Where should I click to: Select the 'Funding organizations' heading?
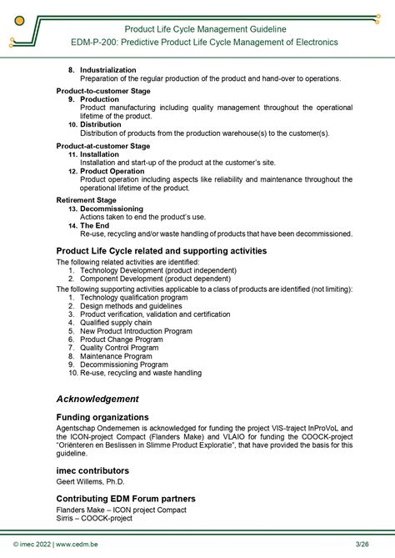102,417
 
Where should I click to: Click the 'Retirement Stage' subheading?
86,200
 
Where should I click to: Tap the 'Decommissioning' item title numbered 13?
111,209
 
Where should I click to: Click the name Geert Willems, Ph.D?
89,481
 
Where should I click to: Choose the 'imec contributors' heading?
93,471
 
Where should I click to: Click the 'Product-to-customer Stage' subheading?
102,90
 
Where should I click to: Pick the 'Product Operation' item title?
112,171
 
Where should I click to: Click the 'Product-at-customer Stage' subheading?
102,145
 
